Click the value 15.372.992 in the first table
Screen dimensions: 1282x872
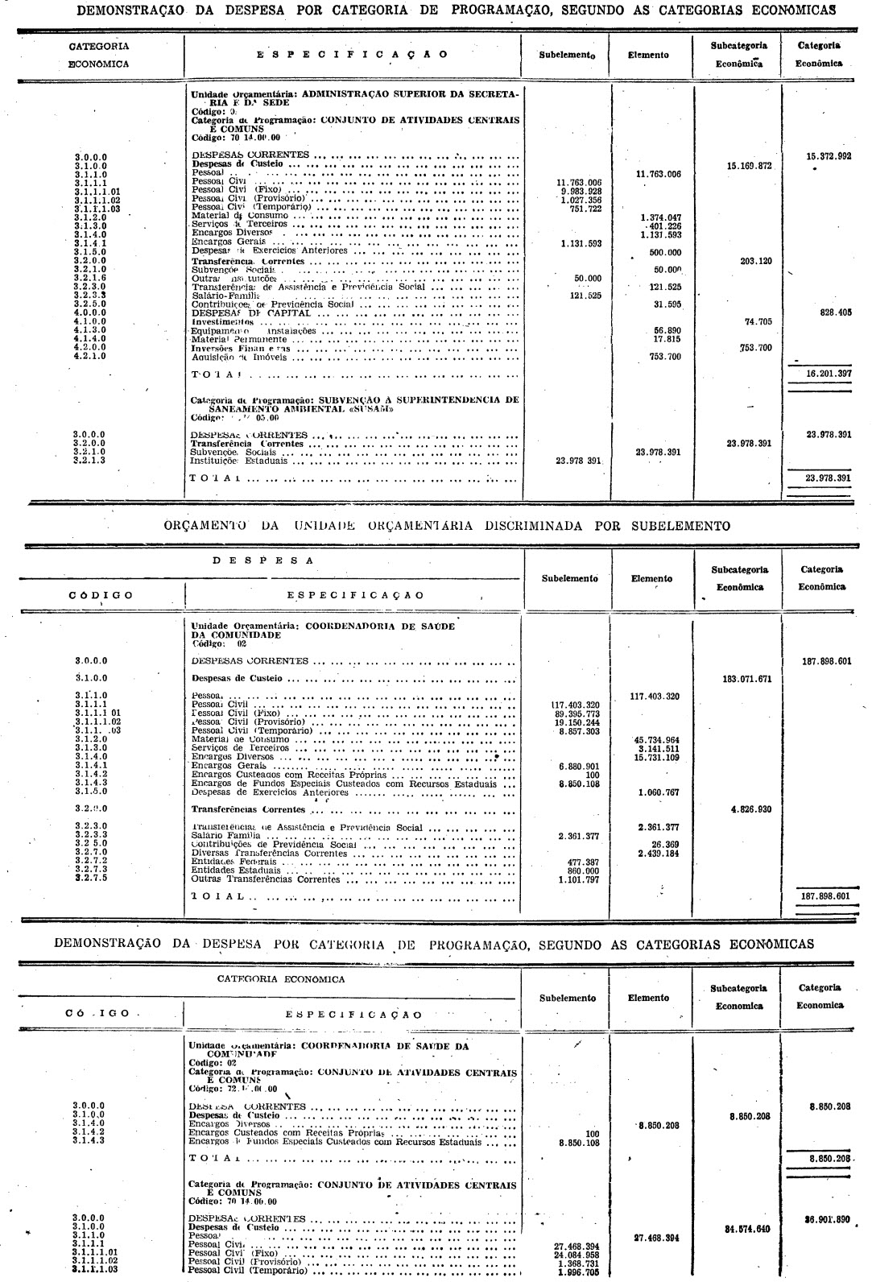(x=829, y=156)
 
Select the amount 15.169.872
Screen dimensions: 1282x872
(x=749, y=165)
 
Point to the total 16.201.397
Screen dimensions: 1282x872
(x=829, y=374)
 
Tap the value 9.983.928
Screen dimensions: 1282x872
(x=580, y=191)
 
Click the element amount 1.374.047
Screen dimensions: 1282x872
(x=659, y=217)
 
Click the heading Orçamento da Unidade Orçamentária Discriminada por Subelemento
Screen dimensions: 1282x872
(x=447, y=526)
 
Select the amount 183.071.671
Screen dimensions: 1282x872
(x=749, y=678)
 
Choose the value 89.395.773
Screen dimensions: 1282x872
(x=580, y=713)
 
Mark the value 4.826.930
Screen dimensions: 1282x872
(x=751, y=809)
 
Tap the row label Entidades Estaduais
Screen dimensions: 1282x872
(x=235, y=870)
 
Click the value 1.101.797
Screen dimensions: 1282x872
(x=581, y=879)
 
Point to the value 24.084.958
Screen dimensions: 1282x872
(x=580, y=1255)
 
